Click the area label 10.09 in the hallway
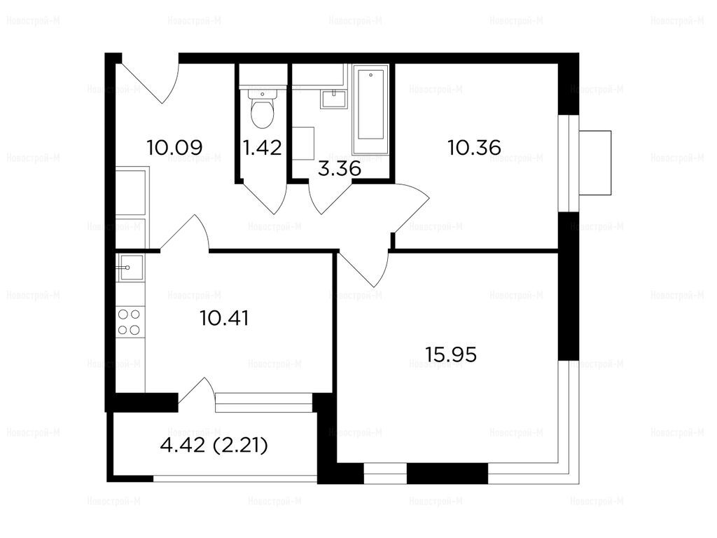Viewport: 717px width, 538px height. coord(174,147)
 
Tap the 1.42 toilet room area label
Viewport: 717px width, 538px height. coord(262,147)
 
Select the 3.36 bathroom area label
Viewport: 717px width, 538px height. coord(340,169)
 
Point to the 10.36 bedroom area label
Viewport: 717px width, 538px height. coord(474,147)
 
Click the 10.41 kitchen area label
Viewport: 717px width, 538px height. coord(225,318)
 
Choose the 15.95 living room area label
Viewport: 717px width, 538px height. coord(451,354)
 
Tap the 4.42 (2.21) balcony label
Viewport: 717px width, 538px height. coord(214,445)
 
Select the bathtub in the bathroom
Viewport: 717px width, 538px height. coord(370,109)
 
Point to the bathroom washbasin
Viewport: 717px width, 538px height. coord(333,98)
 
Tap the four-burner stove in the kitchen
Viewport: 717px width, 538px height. coord(130,322)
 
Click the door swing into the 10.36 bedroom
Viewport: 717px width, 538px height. coord(412,209)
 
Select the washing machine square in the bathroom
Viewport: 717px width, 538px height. coord(303,144)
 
